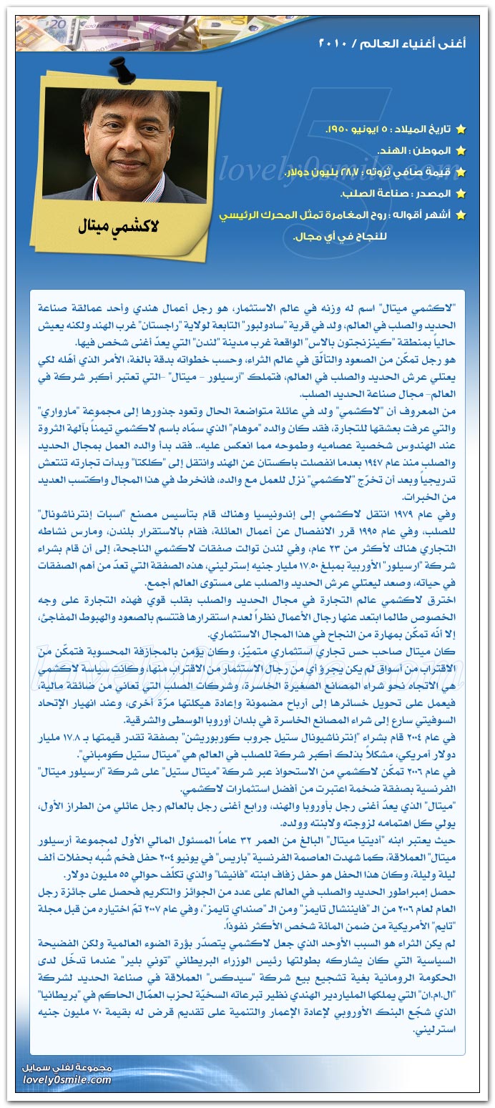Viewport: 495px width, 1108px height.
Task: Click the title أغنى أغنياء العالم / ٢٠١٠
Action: point(391,44)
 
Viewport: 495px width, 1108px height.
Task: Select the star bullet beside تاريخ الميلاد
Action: point(461,129)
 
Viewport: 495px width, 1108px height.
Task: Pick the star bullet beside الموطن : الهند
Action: point(461,151)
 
